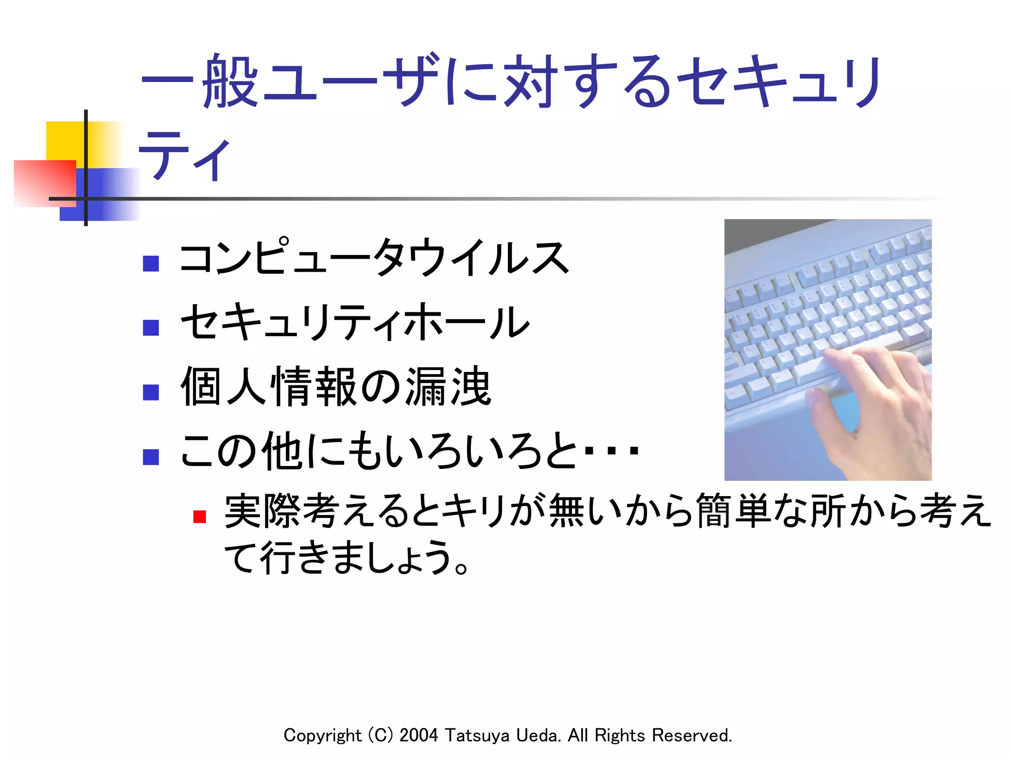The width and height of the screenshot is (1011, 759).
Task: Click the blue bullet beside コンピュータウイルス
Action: tap(151, 263)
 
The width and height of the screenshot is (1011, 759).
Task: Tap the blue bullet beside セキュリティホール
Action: tap(151, 328)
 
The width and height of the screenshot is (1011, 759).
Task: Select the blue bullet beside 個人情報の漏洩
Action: tap(151, 392)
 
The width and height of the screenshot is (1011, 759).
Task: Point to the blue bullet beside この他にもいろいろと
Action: tap(151, 457)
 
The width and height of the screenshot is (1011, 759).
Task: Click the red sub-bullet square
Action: tap(199, 517)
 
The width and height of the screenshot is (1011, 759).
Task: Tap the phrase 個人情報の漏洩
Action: tap(336, 386)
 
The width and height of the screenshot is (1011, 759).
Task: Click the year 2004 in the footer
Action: tap(419, 735)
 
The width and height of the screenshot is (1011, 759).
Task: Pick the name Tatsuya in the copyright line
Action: tap(477, 735)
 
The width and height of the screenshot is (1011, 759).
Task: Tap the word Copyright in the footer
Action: tap(322, 735)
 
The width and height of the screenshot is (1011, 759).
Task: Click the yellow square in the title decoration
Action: tap(64, 141)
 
